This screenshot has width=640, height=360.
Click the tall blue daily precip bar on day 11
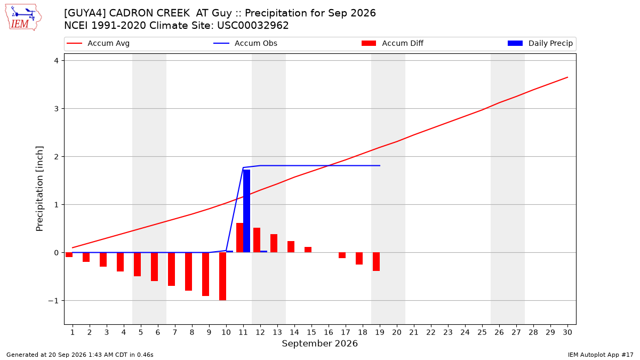pyautogui.click(x=246, y=211)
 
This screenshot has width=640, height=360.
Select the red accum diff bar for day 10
pyautogui.click(x=222, y=276)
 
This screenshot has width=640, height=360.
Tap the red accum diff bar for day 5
pyautogui.click(x=137, y=265)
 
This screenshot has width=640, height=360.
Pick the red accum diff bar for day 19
pyautogui.click(x=377, y=262)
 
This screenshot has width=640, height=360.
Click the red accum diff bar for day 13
pyautogui.click(x=274, y=243)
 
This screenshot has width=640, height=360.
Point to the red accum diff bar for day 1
pyautogui.click(x=69, y=255)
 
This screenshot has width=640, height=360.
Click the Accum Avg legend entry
pyautogui.click(x=98, y=43)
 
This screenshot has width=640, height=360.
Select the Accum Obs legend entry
pyautogui.click(x=245, y=43)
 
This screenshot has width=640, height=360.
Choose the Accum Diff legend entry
pyautogui.click(x=393, y=43)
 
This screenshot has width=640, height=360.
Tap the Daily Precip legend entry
pyautogui.click(x=540, y=43)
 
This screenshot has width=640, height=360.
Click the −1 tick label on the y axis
pyautogui.click(x=53, y=301)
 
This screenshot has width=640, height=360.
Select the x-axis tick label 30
pyautogui.click(x=567, y=332)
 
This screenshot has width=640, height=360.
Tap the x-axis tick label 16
pyautogui.click(x=329, y=332)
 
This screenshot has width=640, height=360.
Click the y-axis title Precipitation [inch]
pyautogui.click(x=39, y=189)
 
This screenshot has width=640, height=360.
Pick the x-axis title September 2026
pyautogui.click(x=319, y=343)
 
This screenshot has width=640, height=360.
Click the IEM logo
pyautogui.click(x=23, y=18)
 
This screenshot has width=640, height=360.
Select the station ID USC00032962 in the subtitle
pyautogui.click(x=253, y=26)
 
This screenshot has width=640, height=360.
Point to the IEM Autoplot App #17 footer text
pyautogui.click(x=601, y=355)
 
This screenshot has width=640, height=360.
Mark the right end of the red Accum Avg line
pyautogui.click(x=567, y=77)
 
